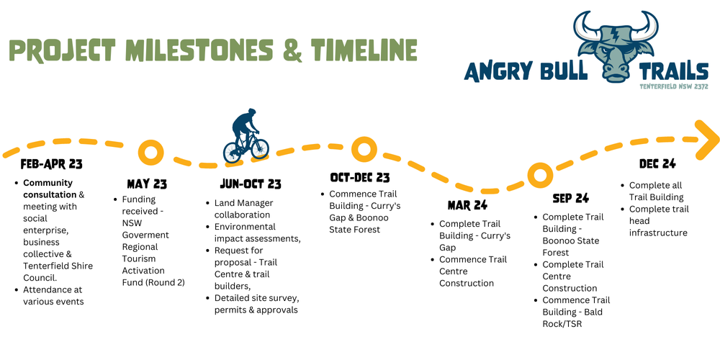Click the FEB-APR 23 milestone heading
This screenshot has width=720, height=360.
click(x=51, y=164)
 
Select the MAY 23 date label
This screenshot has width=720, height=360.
click(x=146, y=184)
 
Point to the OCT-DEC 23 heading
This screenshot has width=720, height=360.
click(x=360, y=177)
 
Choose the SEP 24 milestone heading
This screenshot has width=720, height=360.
click(x=570, y=198)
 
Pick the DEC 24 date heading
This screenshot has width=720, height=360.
click(x=657, y=164)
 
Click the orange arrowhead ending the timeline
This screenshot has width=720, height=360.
click(x=707, y=139)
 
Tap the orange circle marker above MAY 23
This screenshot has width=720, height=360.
click(x=150, y=153)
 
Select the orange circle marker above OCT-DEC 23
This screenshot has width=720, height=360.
click(x=364, y=149)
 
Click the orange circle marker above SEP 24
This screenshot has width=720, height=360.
click(x=539, y=174)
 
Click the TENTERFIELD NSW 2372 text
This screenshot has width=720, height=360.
click(x=674, y=86)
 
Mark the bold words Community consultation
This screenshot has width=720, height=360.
click(x=48, y=189)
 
